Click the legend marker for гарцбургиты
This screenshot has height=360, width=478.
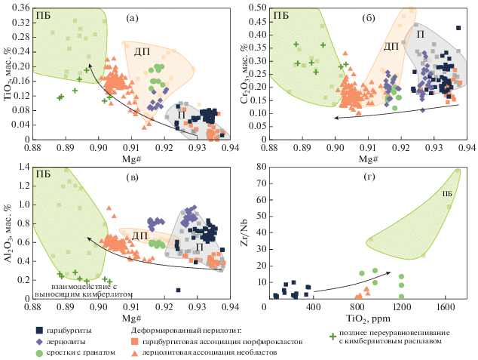pyautogui.click(x=38, y=330)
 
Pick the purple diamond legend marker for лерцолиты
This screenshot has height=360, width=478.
pyautogui.click(x=38, y=341)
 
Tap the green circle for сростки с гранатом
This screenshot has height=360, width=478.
pyautogui.click(x=38, y=352)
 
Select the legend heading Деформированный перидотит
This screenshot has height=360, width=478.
pyautogui.click(x=185, y=330)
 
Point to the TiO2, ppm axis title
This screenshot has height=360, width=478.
pyautogui.click(x=361, y=317)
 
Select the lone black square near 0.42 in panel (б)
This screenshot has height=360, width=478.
pyautogui.click(x=458, y=29)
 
